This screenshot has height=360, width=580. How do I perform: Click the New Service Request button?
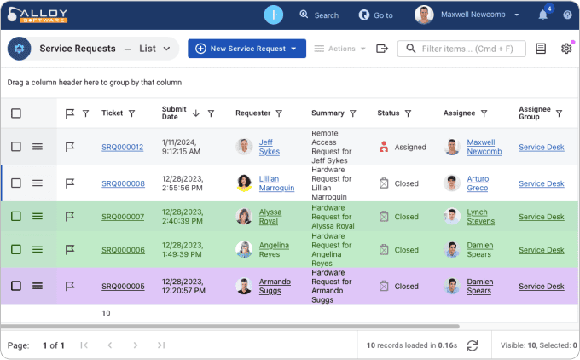[x=246, y=49]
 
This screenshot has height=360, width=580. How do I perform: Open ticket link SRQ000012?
[x=122, y=147]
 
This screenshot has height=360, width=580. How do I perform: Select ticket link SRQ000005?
[x=122, y=287]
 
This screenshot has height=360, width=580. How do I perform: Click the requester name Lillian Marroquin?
[x=276, y=183]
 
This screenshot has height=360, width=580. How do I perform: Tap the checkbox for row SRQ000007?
[x=16, y=217]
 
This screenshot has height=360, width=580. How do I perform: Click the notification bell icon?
[x=543, y=15]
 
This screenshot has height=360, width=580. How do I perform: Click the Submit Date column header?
[x=174, y=113]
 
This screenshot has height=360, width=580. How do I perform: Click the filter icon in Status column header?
[x=408, y=113]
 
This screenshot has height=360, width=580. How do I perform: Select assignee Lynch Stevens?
[x=480, y=217]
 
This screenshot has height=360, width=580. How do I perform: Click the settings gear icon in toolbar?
[x=566, y=49]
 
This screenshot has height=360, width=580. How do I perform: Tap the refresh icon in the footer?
[x=472, y=345]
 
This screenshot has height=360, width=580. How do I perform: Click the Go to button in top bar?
[x=376, y=15]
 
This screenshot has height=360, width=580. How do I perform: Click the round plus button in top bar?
[x=273, y=15]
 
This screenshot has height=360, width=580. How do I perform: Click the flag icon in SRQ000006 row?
[x=70, y=250]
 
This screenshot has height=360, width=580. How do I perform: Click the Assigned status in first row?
[x=409, y=147]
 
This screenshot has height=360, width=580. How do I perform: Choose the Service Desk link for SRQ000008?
[x=541, y=183]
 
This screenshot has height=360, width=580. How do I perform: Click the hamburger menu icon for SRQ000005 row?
[x=38, y=286]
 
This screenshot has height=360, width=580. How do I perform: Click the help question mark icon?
[x=567, y=15]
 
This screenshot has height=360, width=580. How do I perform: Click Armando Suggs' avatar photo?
[x=244, y=287]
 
